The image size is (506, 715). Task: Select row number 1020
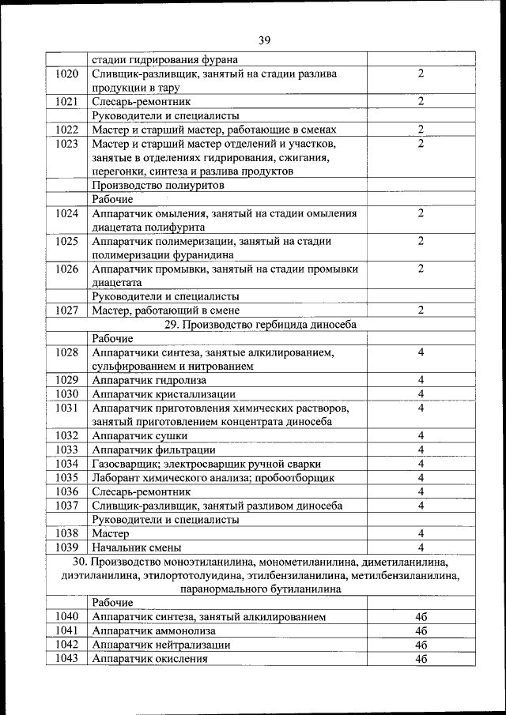point(67,73)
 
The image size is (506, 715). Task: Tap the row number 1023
point(67,144)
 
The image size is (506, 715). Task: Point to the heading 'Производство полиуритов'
point(158,185)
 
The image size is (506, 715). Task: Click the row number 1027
point(67,310)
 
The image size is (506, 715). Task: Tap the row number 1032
point(67,435)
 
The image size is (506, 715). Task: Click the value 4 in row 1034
point(421,464)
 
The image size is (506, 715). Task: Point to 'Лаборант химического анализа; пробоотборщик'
point(213,477)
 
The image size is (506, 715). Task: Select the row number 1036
point(67,491)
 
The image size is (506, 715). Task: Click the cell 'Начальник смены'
point(137,547)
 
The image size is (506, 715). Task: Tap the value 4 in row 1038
point(421,533)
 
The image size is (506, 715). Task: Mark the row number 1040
point(67,616)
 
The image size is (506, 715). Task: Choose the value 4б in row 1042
point(421,645)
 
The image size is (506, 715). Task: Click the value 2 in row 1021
point(421,101)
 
